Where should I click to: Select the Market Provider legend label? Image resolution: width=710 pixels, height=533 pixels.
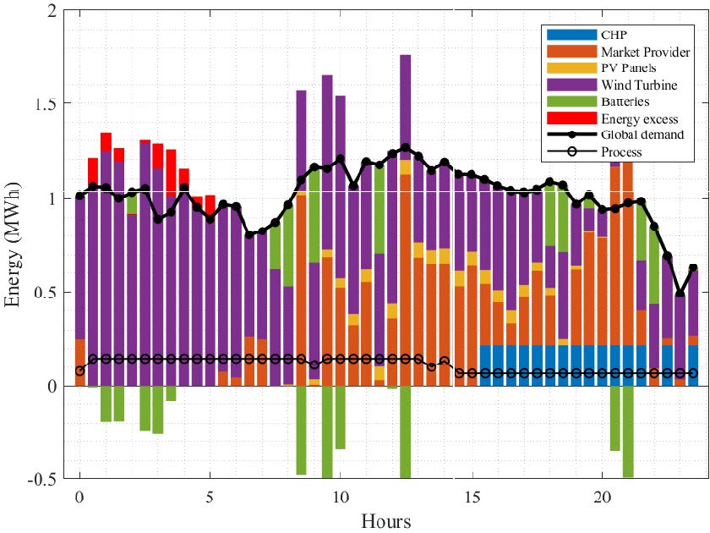pyautogui.click(x=645, y=52)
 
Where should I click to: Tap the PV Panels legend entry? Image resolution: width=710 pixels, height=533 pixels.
pyautogui.click(x=631, y=69)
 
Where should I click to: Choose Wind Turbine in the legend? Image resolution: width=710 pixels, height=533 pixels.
pyautogui.click(x=639, y=85)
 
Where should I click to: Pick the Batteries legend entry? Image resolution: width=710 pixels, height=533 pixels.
pyautogui.click(x=628, y=102)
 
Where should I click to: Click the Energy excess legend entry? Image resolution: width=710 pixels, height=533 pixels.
pyautogui.click(x=640, y=118)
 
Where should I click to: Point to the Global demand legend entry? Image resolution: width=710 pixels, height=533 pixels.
pyautogui.click(x=643, y=135)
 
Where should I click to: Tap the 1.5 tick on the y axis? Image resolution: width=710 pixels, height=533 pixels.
pyautogui.click(x=47, y=104)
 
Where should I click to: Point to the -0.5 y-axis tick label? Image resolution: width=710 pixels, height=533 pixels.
pyautogui.click(x=44, y=479)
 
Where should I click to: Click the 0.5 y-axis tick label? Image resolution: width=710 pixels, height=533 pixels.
pyautogui.click(x=47, y=292)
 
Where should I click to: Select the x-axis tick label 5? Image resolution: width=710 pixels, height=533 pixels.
pyautogui.click(x=210, y=494)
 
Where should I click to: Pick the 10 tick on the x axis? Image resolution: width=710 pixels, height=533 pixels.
pyautogui.click(x=340, y=494)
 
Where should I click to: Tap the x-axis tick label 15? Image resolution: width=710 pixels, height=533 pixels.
pyautogui.click(x=471, y=494)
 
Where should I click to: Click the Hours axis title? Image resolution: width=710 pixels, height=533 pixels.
pyautogui.click(x=385, y=519)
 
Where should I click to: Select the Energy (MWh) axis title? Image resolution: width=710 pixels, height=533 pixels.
pyautogui.click(x=15, y=245)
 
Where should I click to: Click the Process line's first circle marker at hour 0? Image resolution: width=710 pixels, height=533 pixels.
pyautogui.click(x=79, y=371)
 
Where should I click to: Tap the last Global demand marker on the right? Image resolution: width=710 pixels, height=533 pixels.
pyautogui.click(x=693, y=268)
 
